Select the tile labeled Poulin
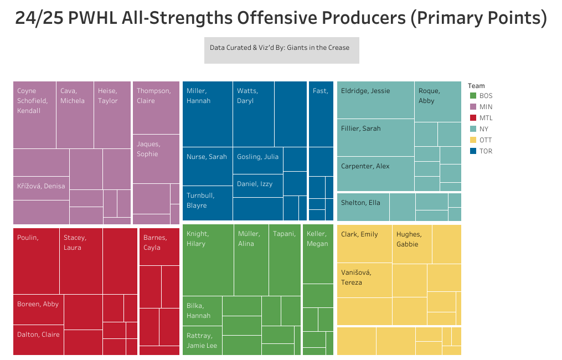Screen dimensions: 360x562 click(x=36, y=260)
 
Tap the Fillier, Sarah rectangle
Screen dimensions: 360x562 click(x=375, y=137)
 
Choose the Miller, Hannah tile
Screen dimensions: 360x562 click(x=207, y=114)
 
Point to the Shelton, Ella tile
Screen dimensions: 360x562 click(x=363, y=207)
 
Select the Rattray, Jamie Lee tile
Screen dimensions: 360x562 click(x=202, y=341)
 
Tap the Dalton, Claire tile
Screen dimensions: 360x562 click(x=38, y=340)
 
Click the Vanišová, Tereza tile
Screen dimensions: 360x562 click(x=364, y=280)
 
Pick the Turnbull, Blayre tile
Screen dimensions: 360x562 click(x=207, y=203)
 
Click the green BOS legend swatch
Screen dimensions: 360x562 click(x=472, y=96)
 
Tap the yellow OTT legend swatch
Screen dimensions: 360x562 click(x=472, y=140)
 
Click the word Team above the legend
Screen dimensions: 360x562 click(x=476, y=86)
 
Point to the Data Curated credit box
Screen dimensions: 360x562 click(x=281, y=50)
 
